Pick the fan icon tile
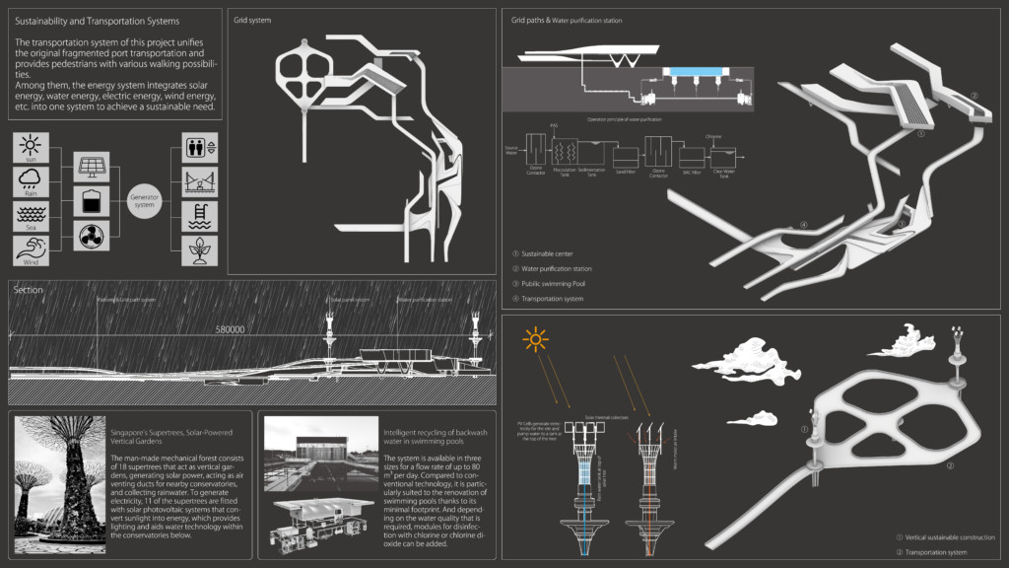91,237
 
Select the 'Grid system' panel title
252,20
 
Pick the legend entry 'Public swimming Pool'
556,283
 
